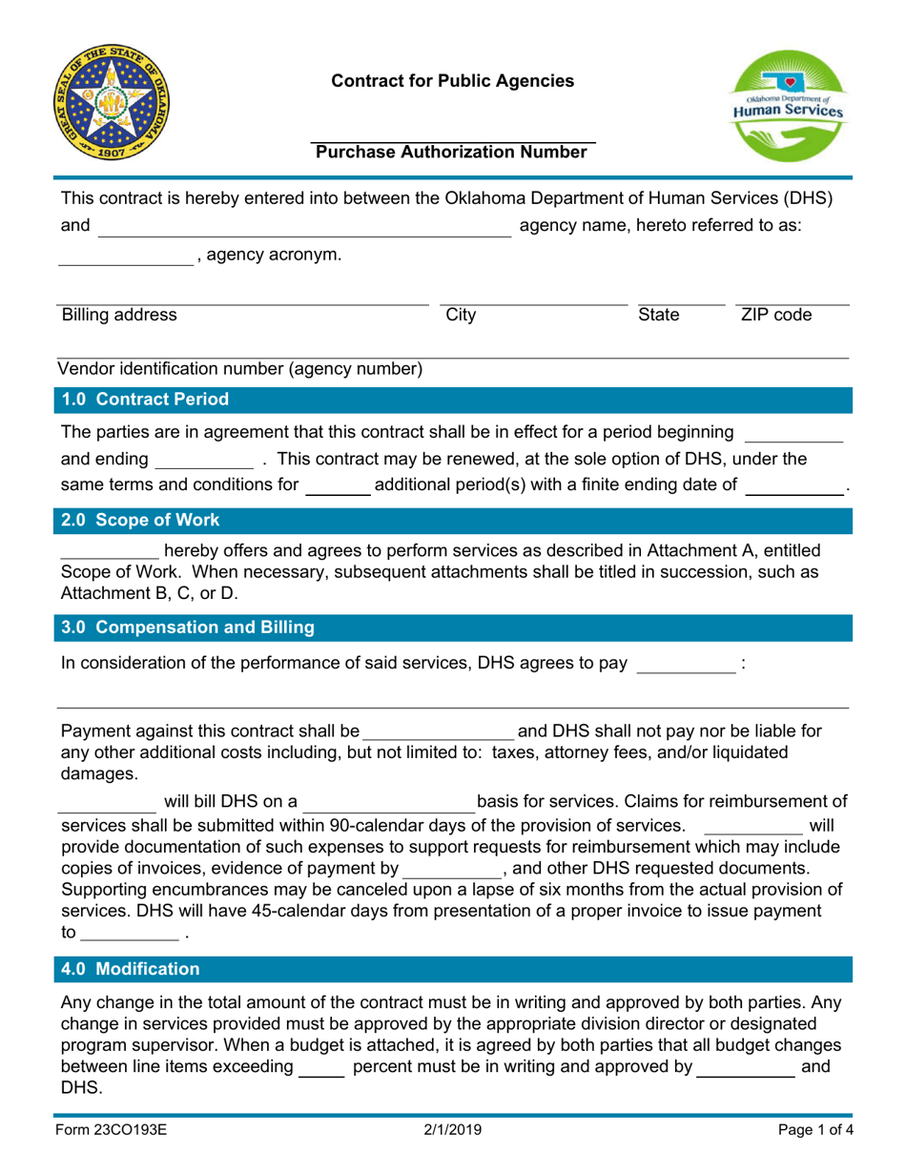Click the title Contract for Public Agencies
(453, 82)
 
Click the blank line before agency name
(305, 227)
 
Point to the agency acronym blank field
(125, 256)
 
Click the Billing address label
(118, 315)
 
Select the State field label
(658, 315)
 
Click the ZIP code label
(776, 315)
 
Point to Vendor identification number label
(241, 369)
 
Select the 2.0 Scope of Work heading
(140, 521)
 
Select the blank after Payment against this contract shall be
(438, 732)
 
